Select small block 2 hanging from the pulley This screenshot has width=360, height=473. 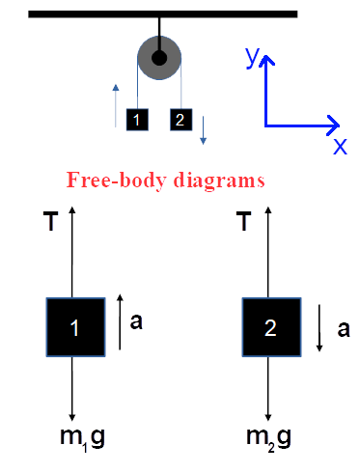click(x=180, y=120)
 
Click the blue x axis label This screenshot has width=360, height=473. click(x=340, y=146)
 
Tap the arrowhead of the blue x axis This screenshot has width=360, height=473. click(x=333, y=125)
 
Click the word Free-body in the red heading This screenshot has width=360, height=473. click(x=109, y=180)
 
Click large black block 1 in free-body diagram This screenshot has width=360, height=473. click(x=75, y=327)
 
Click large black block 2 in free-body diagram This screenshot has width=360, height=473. click(x=270, y=327)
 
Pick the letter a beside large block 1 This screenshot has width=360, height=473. click(x=136, y=322)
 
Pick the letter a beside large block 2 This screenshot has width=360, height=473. click(x=344, y=328)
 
